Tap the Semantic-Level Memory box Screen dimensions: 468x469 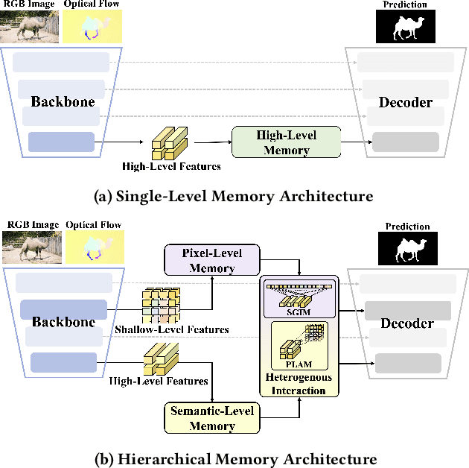[x=211, y=418]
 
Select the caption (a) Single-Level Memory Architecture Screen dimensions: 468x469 [x=234, y=196]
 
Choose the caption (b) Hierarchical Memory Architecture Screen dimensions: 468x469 [x=234, y=458]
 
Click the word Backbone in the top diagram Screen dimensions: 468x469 [x=63, y=101]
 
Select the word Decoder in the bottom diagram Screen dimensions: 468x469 [x=407, y=323]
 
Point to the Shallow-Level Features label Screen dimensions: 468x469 [x=171, y=329]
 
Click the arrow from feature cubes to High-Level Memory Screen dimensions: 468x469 [x=212, y=141]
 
